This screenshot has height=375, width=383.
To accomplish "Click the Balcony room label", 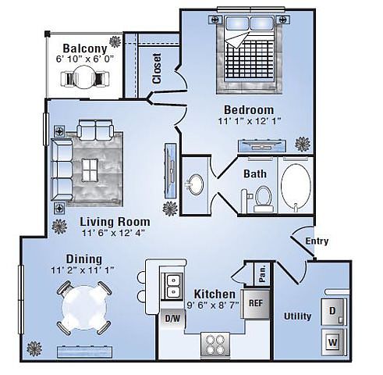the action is pos(85,48).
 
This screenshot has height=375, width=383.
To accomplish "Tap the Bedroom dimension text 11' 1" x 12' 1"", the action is pos(250,121).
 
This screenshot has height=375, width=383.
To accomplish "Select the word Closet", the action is pos(157,69).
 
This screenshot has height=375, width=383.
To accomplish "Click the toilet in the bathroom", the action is pos(263,198).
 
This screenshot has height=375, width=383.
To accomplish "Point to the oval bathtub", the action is pos(296,184).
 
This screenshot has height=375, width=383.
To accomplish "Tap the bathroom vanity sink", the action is pos(196,184).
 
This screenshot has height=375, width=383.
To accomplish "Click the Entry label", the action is pos(317,241).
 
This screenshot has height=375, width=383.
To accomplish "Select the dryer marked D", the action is pos(333,311).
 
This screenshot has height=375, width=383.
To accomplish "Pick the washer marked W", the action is pos(333,342).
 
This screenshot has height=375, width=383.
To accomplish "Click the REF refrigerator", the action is pos(256,304).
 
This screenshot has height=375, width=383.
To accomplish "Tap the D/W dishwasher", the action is pos(172,318).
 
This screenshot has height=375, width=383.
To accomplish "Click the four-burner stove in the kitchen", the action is pos(215,345).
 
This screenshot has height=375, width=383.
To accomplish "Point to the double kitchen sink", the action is pos(172,287).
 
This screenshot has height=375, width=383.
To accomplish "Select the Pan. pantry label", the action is pos(262,273).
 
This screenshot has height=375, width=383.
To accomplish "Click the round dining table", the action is pos(84,308).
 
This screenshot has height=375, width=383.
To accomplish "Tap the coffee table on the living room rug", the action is pos(90,170).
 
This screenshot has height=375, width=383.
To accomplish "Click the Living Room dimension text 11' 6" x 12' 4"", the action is pos(113,233).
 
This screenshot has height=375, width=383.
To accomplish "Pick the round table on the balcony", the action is pos(83,77).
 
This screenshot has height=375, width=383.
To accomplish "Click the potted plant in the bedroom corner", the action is pos(303,144).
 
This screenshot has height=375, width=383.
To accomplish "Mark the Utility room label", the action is pos(297,316).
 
